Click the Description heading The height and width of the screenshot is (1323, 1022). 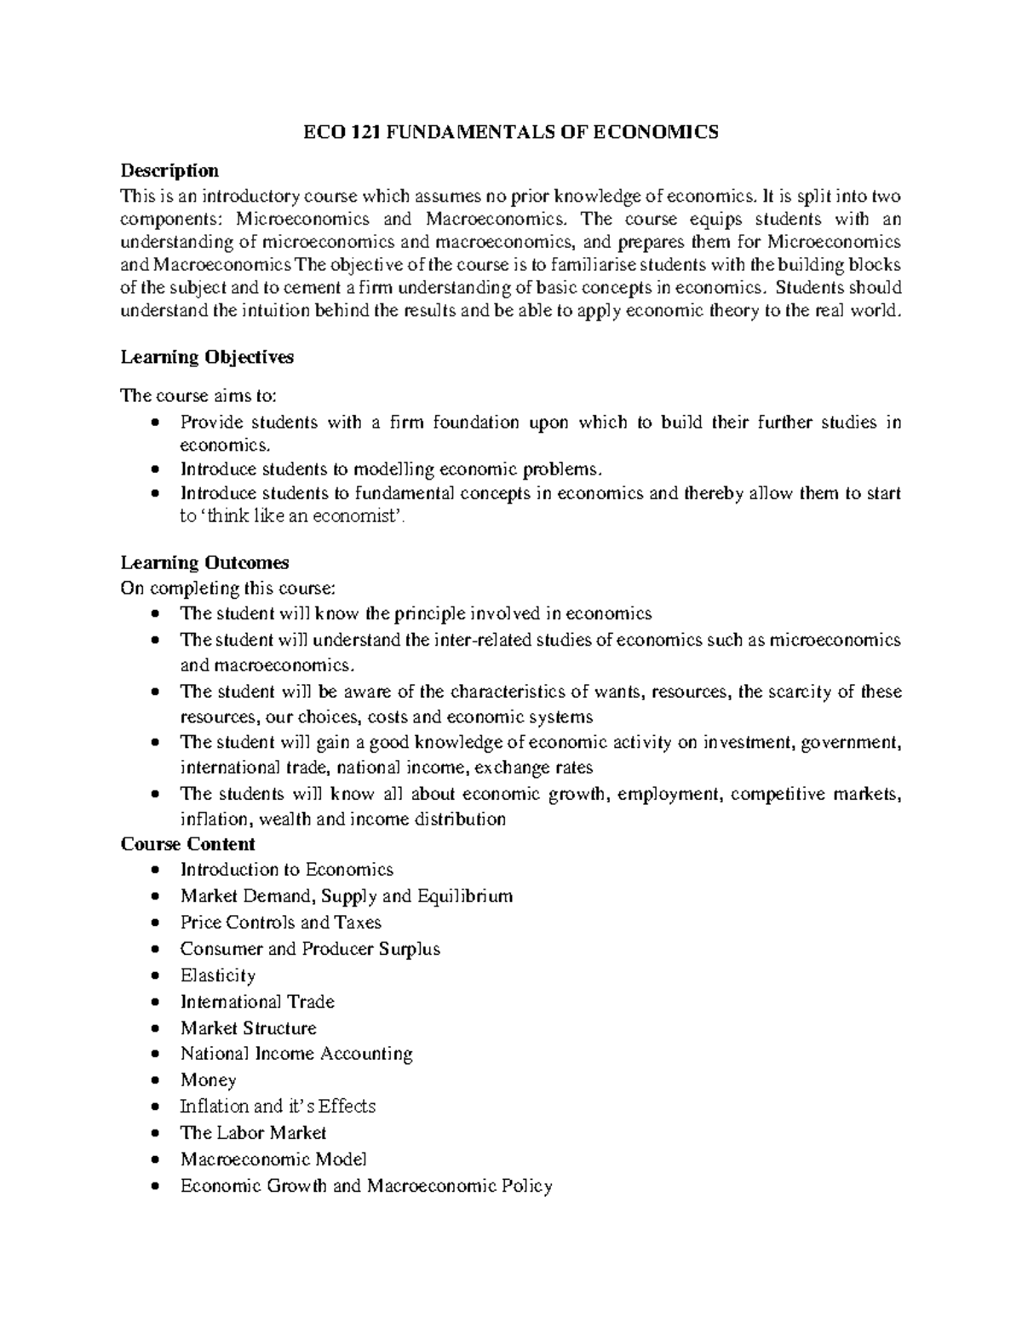(x=169, y=170)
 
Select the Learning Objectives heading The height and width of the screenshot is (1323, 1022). (x=207, y=357)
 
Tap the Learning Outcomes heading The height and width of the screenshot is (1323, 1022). (x=204, y=562)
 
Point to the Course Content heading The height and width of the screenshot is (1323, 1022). (x=187, y=844)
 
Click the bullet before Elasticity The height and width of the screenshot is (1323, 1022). (x=153, y=976)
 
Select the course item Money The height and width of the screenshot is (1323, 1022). (x=208, y=1080)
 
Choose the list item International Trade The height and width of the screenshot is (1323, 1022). (x=257, y=1002)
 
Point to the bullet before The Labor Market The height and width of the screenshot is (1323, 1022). (x=153, y=1134)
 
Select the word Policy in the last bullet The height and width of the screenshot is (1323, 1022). (x=526, y=1186)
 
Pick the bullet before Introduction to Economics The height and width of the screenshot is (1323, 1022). (x=153, y=871)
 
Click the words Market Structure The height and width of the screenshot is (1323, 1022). (x=248, y=1028)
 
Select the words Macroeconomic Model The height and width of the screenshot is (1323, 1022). (x=273, y=1159)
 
